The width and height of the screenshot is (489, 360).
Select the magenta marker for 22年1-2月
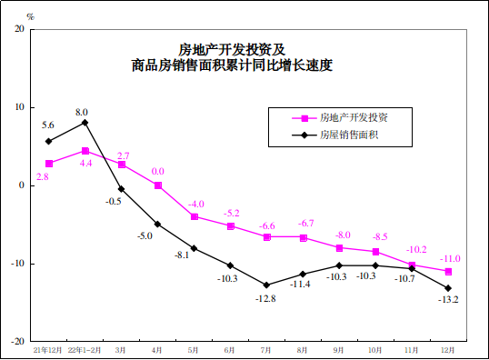[x=85, y=151]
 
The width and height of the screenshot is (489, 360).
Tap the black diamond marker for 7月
[x=266, y=285]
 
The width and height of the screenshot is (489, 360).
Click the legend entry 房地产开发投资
[x=354, y=118]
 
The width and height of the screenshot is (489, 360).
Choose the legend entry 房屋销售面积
[x=348, y=135]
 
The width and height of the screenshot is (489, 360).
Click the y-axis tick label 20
[x=19, y=28]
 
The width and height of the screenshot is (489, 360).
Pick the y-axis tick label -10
[x=17, y=264]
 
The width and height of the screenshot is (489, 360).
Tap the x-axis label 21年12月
[x=48, y=348]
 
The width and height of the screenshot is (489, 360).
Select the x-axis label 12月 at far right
[x=448, y=348]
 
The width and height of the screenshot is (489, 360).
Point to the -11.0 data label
[x=450, y=259]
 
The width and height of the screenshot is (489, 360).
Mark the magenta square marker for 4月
[x=157, y=185]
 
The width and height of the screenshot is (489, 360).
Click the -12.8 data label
[x=265, y=298]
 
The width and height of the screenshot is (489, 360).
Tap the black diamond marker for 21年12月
[x=48, y=141]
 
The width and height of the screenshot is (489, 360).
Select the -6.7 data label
[x=304, y=224]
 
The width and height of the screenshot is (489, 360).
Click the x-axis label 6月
[x=230, y=348]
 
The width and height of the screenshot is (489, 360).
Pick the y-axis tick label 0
[x=21, y=185]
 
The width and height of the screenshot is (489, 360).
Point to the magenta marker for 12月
[x=448, y=272]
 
